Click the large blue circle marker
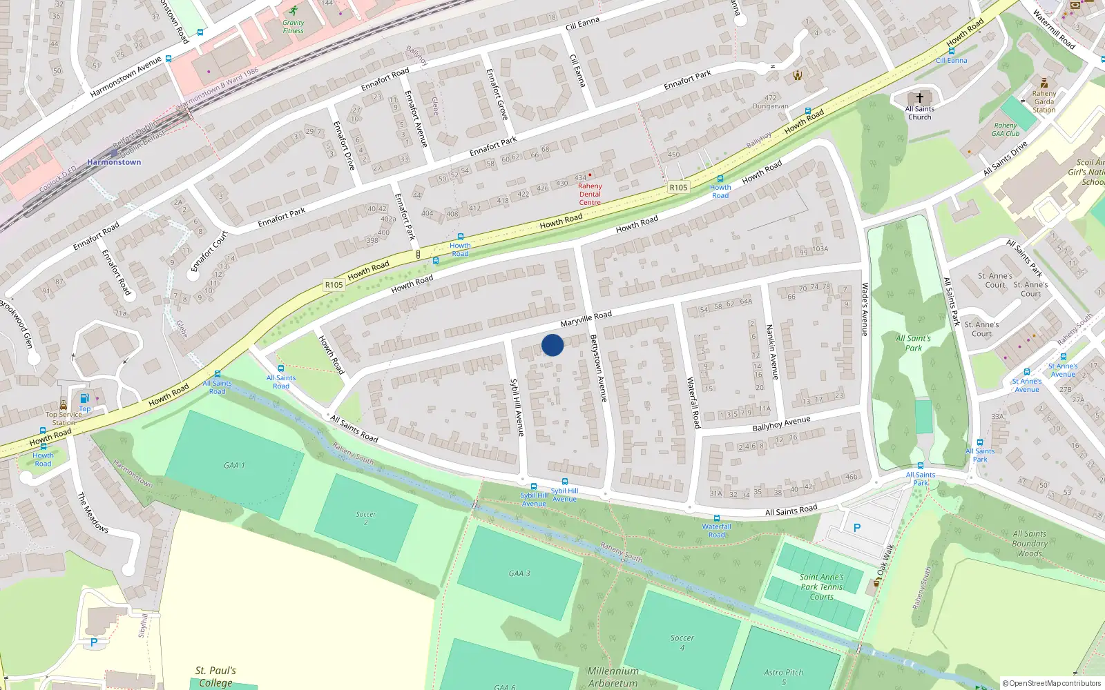pos(552,345)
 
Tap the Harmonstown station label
pos(114,162)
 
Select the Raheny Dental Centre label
pos(590,194)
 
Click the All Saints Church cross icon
pos(919,98)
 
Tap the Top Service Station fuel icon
pos(84,398)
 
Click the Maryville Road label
pos(586,319)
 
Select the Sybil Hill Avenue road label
pos(517,407)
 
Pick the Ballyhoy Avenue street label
pos(781,424)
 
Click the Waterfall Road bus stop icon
pos(716,517)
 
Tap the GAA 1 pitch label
pos(234,466)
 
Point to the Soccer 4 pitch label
pos(682,642)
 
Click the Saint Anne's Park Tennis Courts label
pos(822,587)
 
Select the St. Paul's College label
pos(215,676)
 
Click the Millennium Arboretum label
pos(613,677)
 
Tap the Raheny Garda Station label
pos(1044,101)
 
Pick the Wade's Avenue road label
pos(864,309)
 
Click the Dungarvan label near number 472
pos(770,106)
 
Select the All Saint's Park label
pos(913,343)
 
